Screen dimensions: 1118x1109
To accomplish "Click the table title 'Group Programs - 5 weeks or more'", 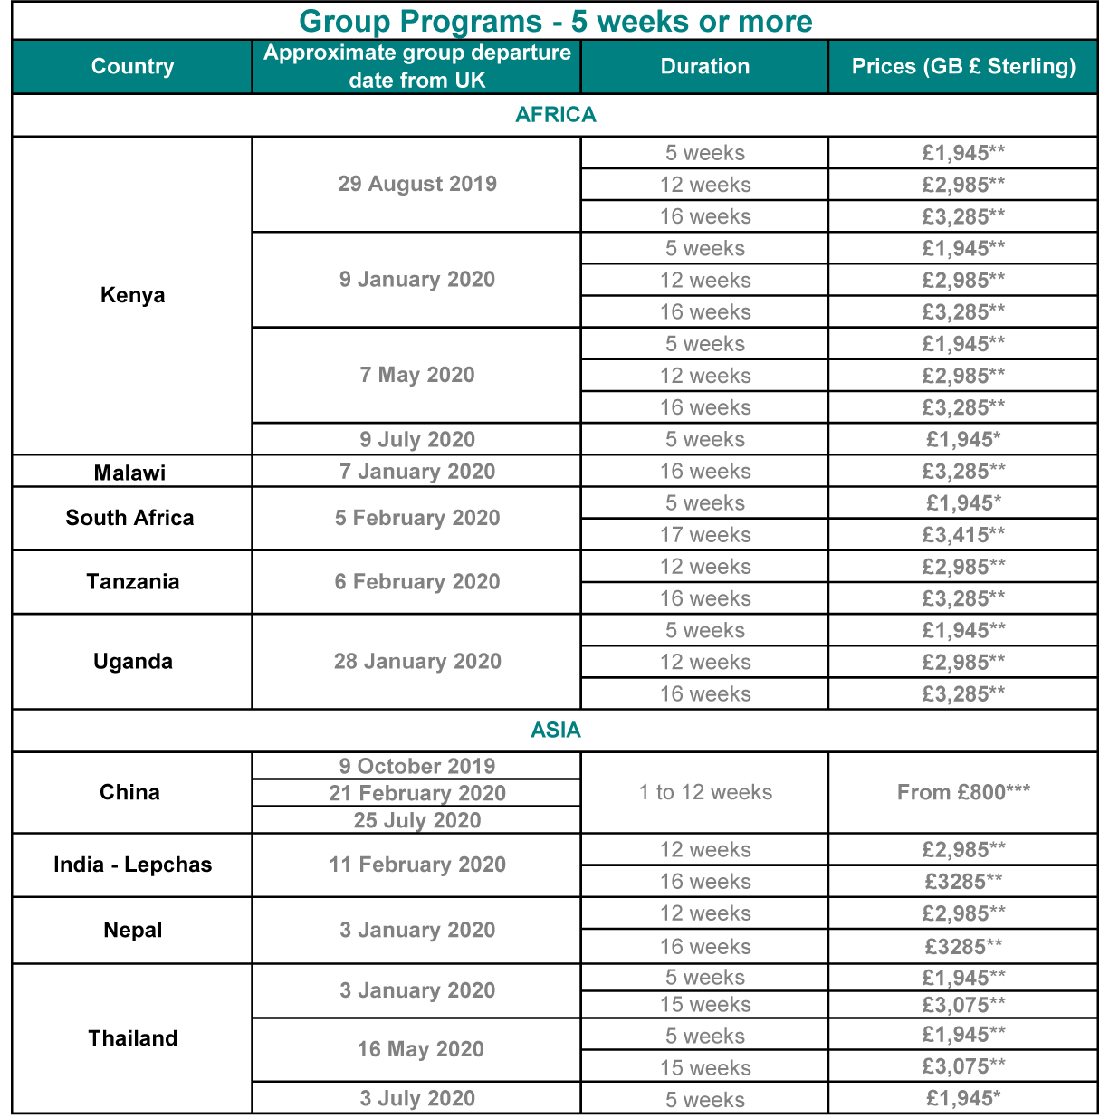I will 555,21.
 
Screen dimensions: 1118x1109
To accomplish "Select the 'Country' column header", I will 132,66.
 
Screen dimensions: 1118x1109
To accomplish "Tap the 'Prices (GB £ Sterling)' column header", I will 963,66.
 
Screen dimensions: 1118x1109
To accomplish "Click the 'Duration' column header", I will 704,66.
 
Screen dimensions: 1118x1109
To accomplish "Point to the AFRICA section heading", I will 555,115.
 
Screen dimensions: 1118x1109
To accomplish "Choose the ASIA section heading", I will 555,731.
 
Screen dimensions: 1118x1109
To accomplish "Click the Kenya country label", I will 132,295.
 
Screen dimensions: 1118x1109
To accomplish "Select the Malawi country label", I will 129,473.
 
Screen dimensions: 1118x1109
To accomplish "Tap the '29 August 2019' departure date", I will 416,184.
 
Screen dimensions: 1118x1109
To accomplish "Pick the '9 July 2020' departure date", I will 416,440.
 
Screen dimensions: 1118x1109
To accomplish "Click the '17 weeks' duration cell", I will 704,535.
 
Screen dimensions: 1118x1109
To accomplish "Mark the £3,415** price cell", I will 963,535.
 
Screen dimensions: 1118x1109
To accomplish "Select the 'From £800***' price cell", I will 963,792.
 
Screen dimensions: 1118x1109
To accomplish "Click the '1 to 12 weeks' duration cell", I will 704,792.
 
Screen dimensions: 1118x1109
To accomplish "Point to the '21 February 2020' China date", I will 416,793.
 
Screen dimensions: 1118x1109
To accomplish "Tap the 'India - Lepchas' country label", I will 132,865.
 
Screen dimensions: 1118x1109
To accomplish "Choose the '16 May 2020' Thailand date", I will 420,1049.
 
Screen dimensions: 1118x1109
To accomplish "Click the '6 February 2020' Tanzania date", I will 416,582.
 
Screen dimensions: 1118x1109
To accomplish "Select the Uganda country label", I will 132,661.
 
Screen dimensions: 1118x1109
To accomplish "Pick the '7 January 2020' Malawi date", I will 416,472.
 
